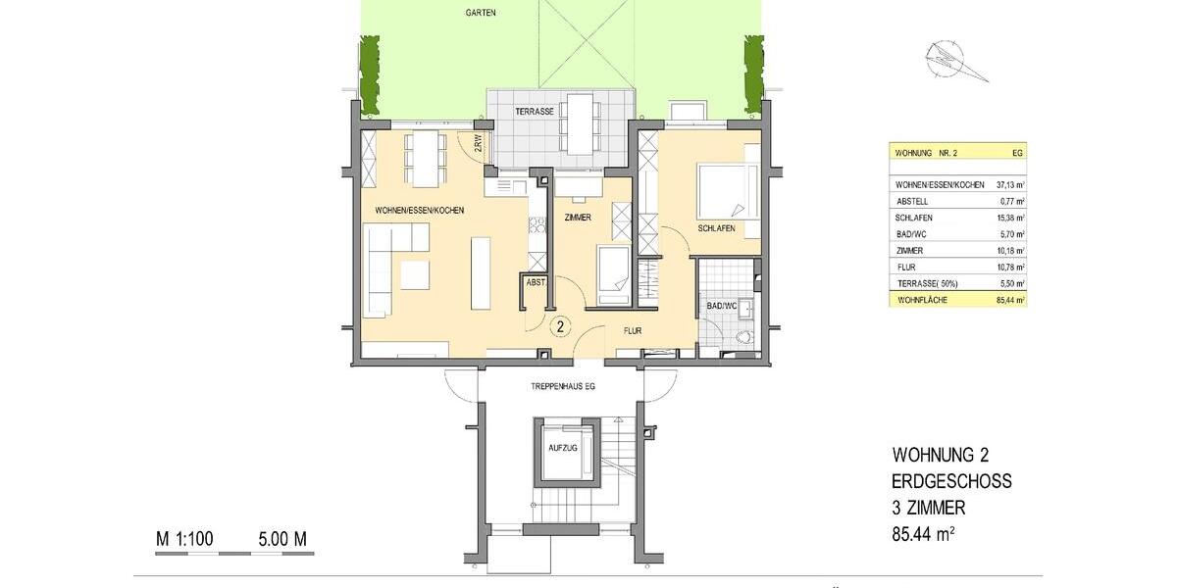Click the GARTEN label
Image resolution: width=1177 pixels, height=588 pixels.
(481, 13)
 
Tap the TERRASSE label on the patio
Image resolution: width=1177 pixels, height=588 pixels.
(536, 112)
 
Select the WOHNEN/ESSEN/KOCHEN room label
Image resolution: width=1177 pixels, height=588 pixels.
(420, 211)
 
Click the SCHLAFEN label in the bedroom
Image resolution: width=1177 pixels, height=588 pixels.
(717, 227)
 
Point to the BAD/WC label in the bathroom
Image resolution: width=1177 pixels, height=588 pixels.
(721, 307)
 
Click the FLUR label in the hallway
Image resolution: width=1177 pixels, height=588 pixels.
(632, 331)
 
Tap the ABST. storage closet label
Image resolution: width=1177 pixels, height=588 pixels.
(536, 282)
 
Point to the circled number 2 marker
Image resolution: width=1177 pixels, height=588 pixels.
(560, 325)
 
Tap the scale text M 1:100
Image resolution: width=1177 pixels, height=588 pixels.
(184, 539)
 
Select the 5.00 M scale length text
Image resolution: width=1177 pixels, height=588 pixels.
(282, 539)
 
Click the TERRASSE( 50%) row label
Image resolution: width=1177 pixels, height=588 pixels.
(925, 283)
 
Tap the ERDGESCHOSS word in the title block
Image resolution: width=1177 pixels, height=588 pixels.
(951, 482)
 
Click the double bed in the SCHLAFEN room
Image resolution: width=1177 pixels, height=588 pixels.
(726, 191)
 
